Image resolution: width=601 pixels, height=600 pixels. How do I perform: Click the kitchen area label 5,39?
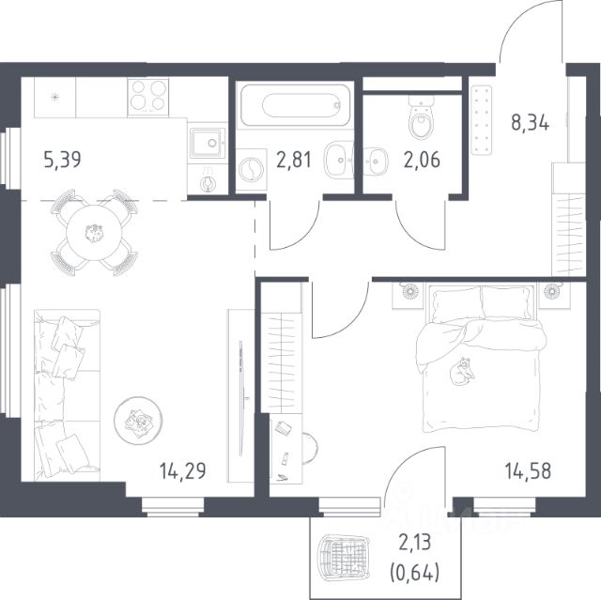point(63,160)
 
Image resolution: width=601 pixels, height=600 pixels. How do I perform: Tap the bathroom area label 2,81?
point(294,160)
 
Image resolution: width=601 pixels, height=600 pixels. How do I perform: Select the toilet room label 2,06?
point(422,160)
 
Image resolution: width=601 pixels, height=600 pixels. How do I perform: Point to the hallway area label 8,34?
point(530,123)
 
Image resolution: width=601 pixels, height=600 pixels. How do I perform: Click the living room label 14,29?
point(183,470)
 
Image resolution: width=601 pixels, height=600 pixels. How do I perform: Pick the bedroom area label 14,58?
point(528,470)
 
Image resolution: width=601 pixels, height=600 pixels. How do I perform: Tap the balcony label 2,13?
point(415,543)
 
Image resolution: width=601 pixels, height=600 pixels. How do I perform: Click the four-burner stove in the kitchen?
point(148,97)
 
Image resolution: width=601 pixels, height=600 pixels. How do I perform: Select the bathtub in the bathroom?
point(295,105)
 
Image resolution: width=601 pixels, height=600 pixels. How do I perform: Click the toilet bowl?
point(422,117)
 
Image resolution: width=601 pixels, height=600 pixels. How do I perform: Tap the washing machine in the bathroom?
point(251,169)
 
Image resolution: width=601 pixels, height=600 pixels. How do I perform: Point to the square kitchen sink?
point(208,143)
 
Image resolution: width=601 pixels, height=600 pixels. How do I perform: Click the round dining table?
point(94,233)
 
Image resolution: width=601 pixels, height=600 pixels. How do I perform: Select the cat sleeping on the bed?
point(461,371)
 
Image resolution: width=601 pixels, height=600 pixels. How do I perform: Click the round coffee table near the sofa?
point(138,421)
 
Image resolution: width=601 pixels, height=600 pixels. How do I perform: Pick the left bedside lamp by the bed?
point(409,291)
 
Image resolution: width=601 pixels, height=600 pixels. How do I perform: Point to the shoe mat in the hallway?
point(481,120)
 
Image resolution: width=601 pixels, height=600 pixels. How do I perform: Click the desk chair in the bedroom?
point(310,448)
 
